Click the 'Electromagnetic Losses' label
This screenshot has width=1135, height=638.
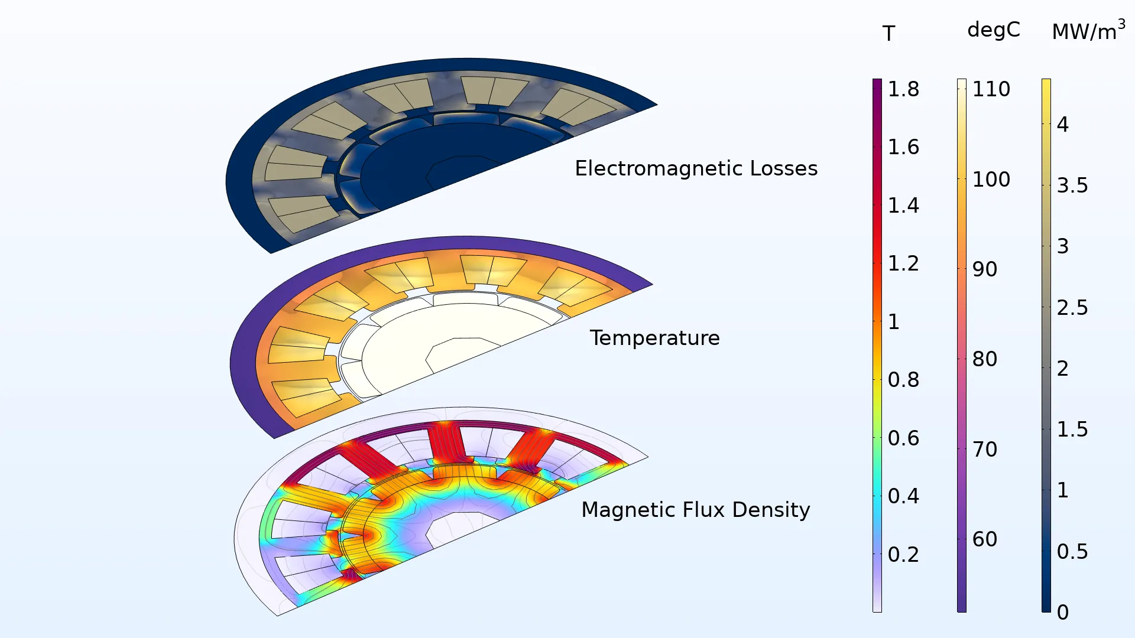[696, 168]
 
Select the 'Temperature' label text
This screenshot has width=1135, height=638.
[654, 338]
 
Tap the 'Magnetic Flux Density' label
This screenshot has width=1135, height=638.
[696, 510]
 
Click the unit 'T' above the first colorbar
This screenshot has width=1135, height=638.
[888, 34]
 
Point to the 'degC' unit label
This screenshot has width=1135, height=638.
[994, 30]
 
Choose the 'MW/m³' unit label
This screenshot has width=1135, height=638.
[1088, 31]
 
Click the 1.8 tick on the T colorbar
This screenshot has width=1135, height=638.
[903, 89]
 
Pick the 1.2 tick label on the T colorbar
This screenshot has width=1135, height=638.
[903, 263]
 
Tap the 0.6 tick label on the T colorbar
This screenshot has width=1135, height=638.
[903, 438]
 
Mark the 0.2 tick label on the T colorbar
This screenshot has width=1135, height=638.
[903, 555]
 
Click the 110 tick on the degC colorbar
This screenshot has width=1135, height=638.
[991, 89]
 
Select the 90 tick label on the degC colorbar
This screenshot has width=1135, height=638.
[985, 269]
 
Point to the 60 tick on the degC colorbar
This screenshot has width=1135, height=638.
[985, 539]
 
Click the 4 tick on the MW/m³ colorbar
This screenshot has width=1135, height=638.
[1063, 125]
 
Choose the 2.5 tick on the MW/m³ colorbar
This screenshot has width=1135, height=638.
[1072, 308]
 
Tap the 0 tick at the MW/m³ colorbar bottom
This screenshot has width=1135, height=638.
[1063, 613]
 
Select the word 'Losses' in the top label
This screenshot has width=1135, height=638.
[784, 168]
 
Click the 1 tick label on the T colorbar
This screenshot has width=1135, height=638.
[894, 322]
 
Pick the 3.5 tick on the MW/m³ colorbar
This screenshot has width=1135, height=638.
[1072, 185]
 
